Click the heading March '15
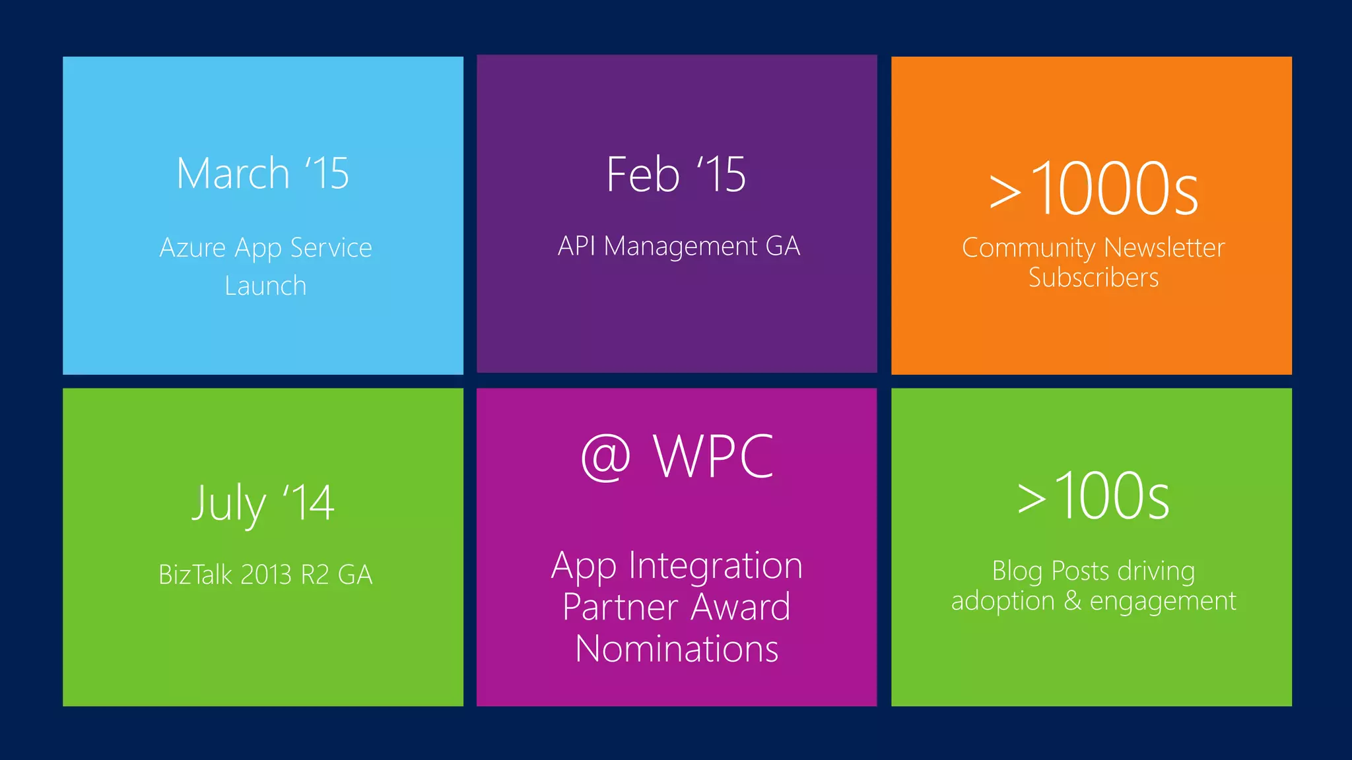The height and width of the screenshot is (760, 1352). click(x=263, y=174)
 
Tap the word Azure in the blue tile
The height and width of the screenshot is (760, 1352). click(x=193, y=248)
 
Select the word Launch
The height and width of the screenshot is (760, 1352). click(x=265, y=286)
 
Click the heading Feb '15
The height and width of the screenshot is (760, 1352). click(x=676, y=175)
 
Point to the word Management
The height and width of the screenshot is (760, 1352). click(x=681, y=247)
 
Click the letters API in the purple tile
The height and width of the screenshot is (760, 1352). click(x=576, y=246)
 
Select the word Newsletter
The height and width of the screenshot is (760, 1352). click(x=1164, y=248)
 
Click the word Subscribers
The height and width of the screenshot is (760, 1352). click(x=1093, y=278)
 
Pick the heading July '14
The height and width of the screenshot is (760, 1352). click(x=263, y=504)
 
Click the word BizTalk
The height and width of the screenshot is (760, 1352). click(x=195, y=575)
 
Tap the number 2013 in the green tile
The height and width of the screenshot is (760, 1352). click(x=266, y=575)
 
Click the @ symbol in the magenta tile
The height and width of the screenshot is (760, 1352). click(x=605, y=457)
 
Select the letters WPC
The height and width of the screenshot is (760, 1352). click(x=713, y=457)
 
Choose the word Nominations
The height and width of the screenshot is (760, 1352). click(x=677, y=649)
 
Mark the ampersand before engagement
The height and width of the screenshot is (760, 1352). click(x=1072, y=600)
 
